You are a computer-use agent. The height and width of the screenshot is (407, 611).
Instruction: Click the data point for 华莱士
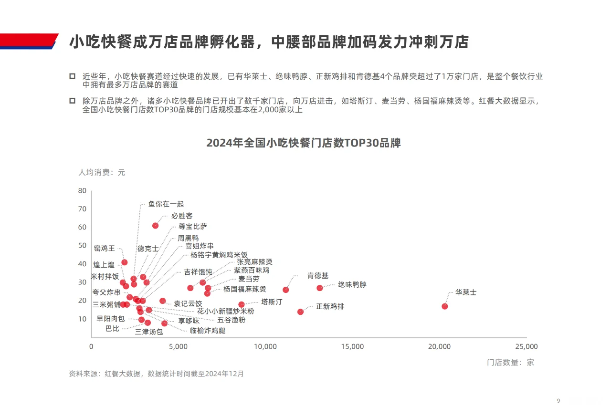444,306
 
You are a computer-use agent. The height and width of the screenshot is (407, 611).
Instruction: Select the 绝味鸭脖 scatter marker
319,288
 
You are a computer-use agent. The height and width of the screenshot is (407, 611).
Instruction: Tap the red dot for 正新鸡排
300,312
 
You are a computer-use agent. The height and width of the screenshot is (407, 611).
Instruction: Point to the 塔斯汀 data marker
241,304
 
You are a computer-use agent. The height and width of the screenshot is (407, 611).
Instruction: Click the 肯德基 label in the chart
317,276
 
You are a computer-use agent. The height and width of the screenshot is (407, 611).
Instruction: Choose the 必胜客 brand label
182,216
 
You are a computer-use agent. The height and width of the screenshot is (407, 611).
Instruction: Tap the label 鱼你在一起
166,204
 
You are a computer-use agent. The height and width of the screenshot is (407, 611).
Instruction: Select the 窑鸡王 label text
104,248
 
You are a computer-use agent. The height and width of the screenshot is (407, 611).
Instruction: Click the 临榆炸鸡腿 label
208,330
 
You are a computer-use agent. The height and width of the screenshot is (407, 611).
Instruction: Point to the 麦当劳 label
249,279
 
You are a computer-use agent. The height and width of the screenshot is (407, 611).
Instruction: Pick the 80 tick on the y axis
82,191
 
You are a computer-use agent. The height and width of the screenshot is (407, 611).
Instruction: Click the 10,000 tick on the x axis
265,347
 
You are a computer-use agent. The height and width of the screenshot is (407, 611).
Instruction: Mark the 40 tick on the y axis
82,264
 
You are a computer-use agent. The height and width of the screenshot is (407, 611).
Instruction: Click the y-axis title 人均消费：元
102,172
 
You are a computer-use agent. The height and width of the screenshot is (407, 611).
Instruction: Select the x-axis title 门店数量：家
510,363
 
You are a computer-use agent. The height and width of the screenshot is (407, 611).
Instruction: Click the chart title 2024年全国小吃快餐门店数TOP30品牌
303,143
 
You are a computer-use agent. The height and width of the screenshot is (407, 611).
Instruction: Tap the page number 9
558,400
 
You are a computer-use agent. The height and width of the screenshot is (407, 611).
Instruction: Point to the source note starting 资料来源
156,374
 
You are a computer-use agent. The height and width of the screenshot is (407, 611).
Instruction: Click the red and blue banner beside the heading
29,42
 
